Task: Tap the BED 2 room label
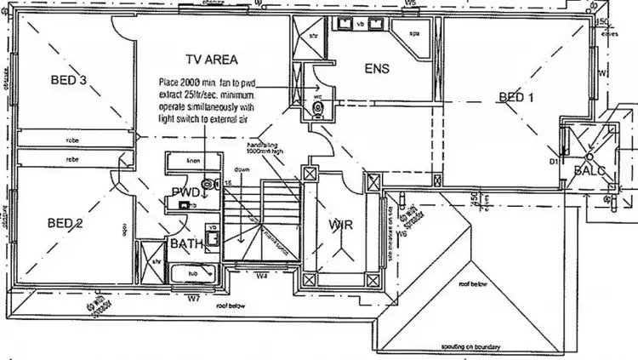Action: click(65, 224)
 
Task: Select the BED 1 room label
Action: click(516, 98)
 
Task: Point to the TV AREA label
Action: click(210, 60)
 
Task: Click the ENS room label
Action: click(378, 68)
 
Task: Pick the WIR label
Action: click(340, 226)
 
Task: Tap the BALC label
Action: click(589, 171)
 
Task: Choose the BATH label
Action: click(185, 244)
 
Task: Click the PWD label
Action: click(185, 193)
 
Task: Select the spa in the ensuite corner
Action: click(414, 34)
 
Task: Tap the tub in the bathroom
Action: click(191, 273)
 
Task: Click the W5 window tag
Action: click(410, 4)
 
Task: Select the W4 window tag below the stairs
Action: click(263, 275)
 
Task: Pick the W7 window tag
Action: click(193, 298)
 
